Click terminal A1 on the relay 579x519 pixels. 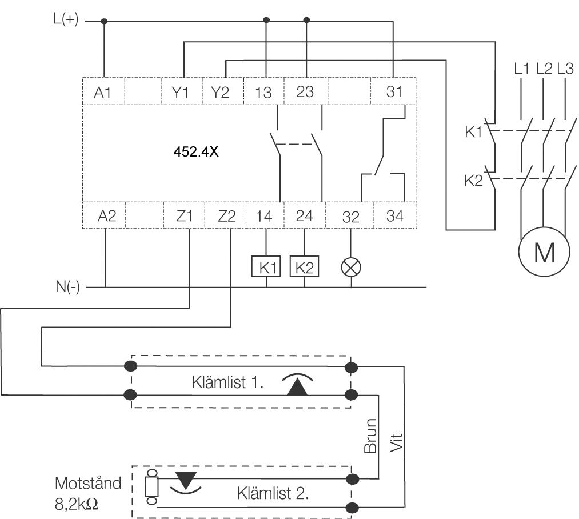[x=103, y=92]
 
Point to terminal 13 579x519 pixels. [x=263, y=92]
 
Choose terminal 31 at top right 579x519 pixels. [x=394, y=92]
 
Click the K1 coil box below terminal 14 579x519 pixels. [x=267, y=267]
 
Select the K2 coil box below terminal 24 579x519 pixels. [x=305, y=267]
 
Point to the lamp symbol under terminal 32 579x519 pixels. [x=350, y=267]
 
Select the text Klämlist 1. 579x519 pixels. [x=227, y=382]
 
